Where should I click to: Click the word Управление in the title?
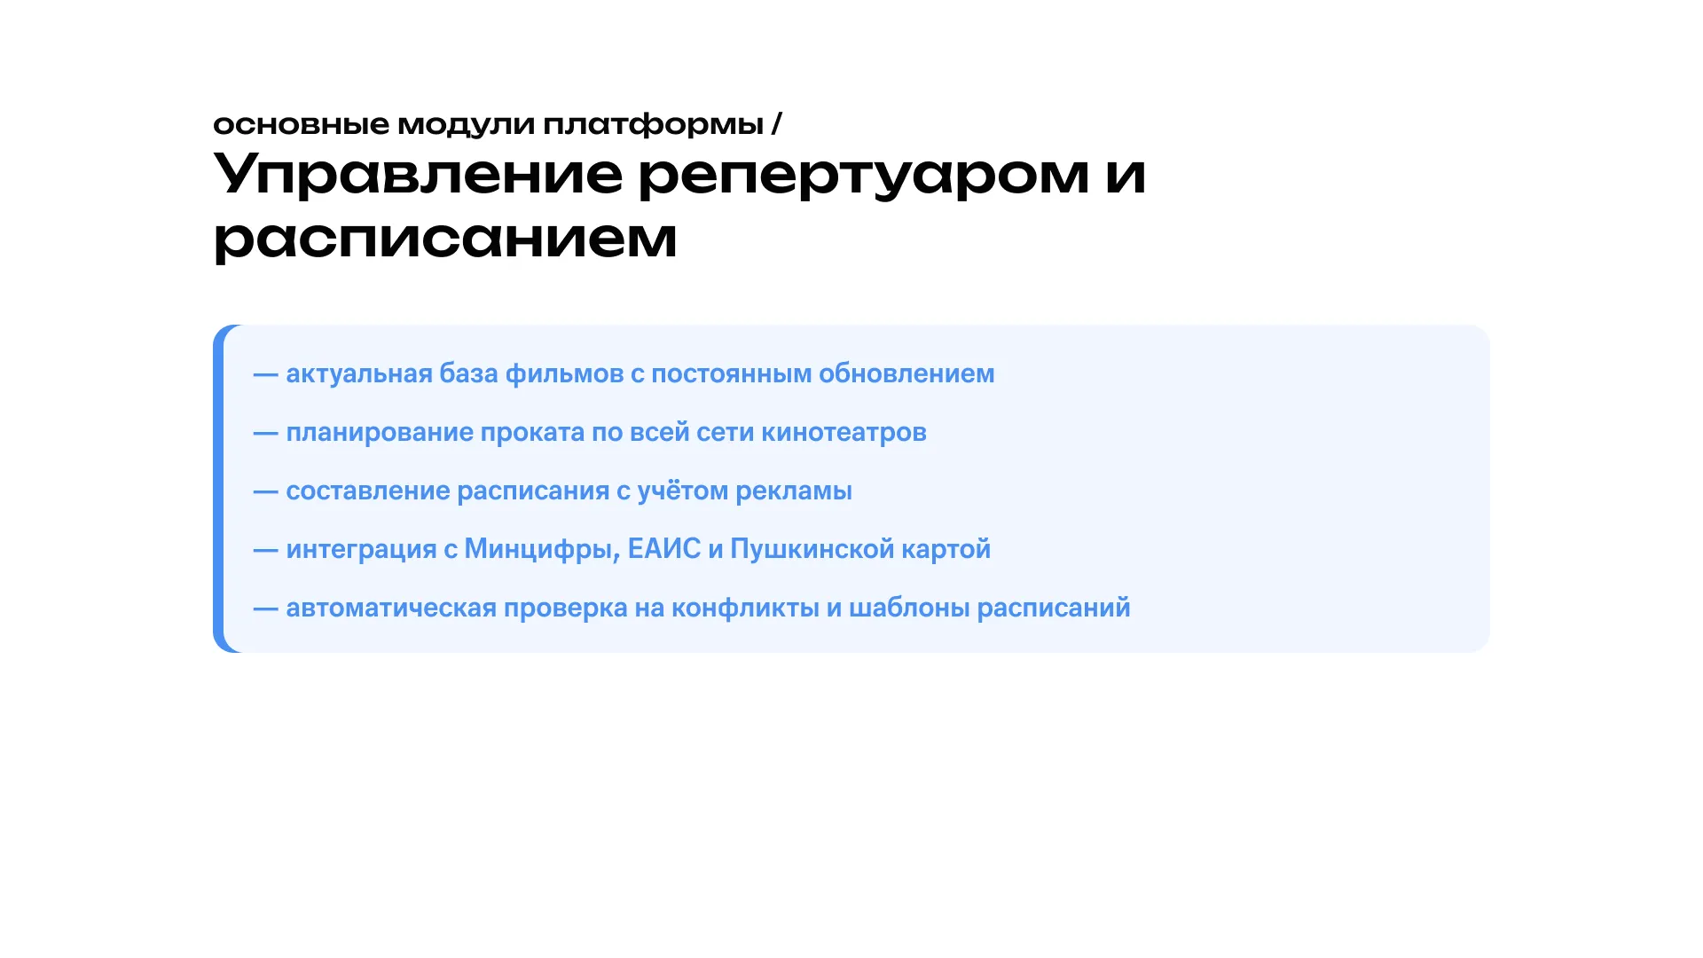click(418, 175)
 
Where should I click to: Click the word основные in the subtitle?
click(301, 124)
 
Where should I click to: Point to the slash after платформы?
click(777, 123)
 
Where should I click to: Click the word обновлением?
click(906, 373)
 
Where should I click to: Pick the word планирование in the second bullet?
click(380, 432)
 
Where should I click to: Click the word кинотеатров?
click(844, 432)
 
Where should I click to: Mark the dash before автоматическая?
click(266, 609)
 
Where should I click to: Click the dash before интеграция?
click(266, 550)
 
